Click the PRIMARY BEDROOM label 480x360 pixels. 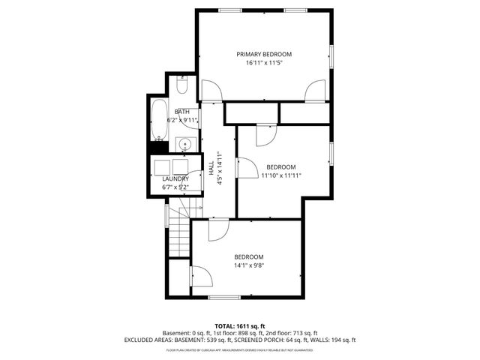pyautogui.click(x=264, y=54)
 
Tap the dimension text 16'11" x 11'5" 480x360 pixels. pyautogui.click(x=264, y=63)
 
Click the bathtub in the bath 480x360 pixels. pyautogui.click(x=157, y=120)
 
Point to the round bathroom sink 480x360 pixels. pyautogui.click(x=185, y=143)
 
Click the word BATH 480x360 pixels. pyautogui.click(x=182, y=112)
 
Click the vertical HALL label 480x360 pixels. pyautogui.click(x=211, y=172)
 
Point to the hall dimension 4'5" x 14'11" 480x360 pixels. pyautogui.click(x=219, y=172)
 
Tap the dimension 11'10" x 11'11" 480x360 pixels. pyautogui.click(x=281, y=175)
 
